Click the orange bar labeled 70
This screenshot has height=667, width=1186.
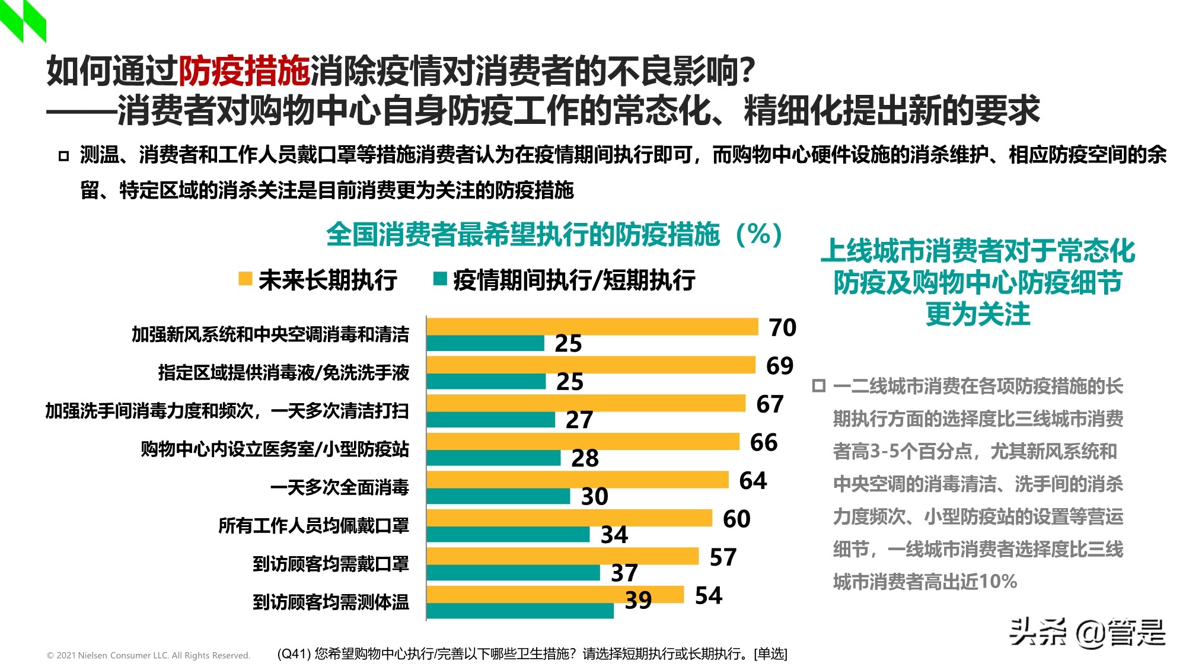tap(592, 327)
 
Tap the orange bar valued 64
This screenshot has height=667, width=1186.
tap(577, 480)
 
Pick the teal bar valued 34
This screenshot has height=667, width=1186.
tap(508, 535)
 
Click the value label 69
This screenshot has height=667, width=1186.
tap(779, 366)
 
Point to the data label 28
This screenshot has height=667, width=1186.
tap(585, 458)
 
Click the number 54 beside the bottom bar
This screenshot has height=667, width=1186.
tap(708, 596)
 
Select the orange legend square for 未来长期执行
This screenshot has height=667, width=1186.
tap(245, 279)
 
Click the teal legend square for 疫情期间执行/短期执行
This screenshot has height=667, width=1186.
tap(440, 279)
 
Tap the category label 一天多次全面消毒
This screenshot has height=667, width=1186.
tap(339, 487)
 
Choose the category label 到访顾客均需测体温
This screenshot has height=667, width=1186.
tap(330, 602)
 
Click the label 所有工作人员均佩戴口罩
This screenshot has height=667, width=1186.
tap(313, 526)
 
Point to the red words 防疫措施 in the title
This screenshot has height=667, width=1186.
tap(244, 71)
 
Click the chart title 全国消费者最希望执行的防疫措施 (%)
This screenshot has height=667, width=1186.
tap(554, 235)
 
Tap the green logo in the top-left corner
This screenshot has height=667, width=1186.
tap(23, 20)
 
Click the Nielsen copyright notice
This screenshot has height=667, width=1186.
tap(148, 655)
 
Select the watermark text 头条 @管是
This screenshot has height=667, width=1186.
tap(1087, 632)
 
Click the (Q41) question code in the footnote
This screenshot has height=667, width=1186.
tap(294, 654)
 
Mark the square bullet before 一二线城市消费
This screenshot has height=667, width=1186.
tap(818, 386)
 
